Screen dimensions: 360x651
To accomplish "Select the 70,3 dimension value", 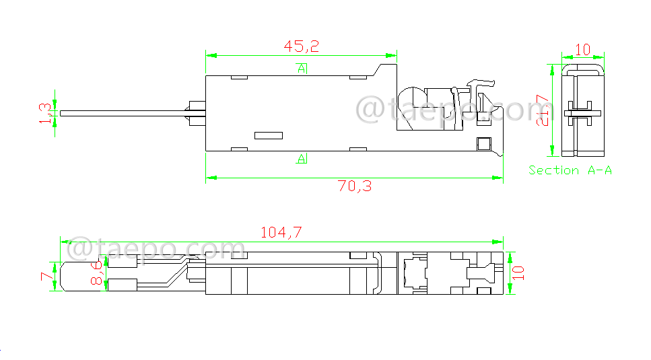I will click(354, 186).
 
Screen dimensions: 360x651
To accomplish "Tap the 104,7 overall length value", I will click(281, 232).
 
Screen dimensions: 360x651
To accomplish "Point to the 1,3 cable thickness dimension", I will click(45, 112).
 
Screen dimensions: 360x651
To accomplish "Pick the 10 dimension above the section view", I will click(583, 49).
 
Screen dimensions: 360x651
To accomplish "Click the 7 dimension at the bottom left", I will click(46, 276).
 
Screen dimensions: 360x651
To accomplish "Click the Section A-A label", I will click(570, 170).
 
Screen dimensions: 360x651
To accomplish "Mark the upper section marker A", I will click(301, 68).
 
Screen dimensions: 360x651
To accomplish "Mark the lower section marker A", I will click(301, 159).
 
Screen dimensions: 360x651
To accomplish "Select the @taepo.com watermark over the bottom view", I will click(156, 249).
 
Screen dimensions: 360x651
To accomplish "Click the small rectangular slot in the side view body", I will click(269, 135).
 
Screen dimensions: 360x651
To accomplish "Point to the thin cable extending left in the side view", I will click(121, 113).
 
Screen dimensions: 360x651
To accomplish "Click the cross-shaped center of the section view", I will click(579, 113).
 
